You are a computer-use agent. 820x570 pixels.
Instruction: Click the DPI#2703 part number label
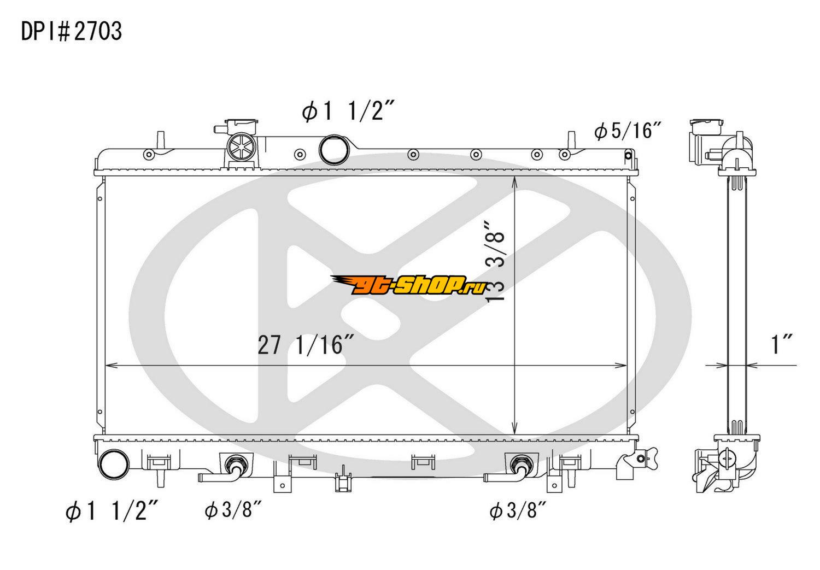[x=72, y=32]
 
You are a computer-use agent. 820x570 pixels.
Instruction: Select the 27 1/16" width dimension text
[x=306, y=345]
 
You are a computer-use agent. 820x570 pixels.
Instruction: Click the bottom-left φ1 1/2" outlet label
[x=112, y=511]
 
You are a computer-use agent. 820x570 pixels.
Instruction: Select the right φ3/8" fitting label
[x=518, y=510]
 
